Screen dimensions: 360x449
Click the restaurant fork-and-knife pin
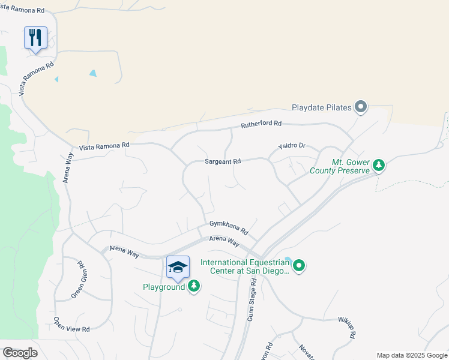coord(35,38)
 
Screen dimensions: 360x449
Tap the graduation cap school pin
coord(178,267)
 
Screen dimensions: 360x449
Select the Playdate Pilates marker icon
coord(361,107)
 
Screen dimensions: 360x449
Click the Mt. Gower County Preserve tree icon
coord(379,165)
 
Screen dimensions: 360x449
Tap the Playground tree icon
coord(194,286)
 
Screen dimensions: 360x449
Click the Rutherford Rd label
coord(261,124)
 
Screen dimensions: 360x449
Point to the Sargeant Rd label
coord(222,161)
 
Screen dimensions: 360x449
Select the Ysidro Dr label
coord(292,146)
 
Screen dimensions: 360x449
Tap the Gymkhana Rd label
coord(229,227)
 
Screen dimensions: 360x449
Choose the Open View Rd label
coord(71,325)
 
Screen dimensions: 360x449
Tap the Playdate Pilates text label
coord(321,108)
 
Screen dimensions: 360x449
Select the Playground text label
coord(164,287)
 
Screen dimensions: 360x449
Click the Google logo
coord(20,353)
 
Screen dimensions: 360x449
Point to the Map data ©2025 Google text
coord(412,355)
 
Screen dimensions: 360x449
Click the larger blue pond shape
coord(92,73)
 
